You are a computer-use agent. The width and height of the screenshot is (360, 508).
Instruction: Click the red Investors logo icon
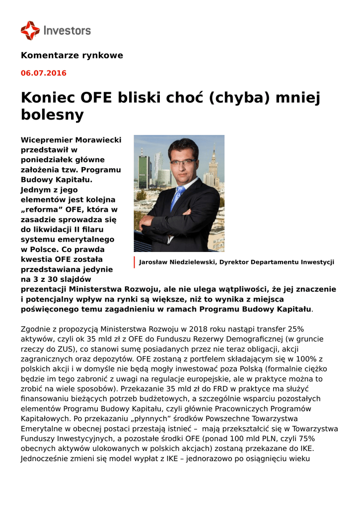tap(30, 30)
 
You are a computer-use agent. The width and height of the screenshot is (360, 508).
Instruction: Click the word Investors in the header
tap(67, 31)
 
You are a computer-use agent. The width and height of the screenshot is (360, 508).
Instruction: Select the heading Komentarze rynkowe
tap(72, 56)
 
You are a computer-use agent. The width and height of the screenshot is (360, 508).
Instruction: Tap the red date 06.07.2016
tap(43, 73)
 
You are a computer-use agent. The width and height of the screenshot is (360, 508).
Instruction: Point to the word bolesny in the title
tap(52, 115)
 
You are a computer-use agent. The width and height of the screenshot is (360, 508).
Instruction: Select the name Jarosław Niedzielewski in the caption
tap(178, 262)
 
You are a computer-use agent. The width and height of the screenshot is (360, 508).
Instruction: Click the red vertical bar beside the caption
tap(134, 262)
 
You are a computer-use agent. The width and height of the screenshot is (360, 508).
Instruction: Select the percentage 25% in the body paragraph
tap(295, 329)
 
